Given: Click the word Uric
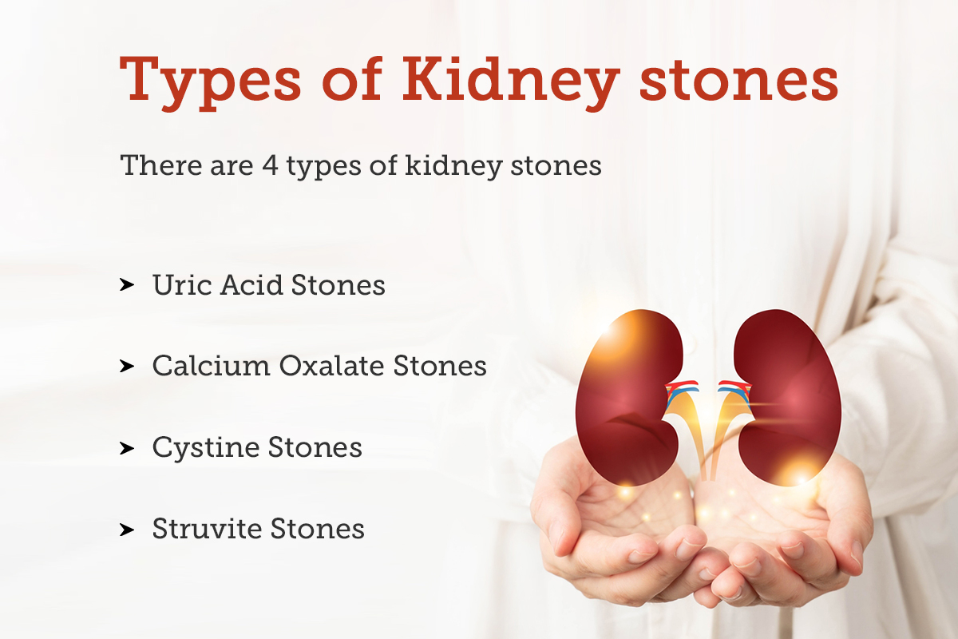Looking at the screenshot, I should pyautogui.click(x=176, y=285).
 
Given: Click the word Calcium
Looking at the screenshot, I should pyautogui.click(x=211, y=366).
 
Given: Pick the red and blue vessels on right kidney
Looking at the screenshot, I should pyautogui.click(x=734, y=390).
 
